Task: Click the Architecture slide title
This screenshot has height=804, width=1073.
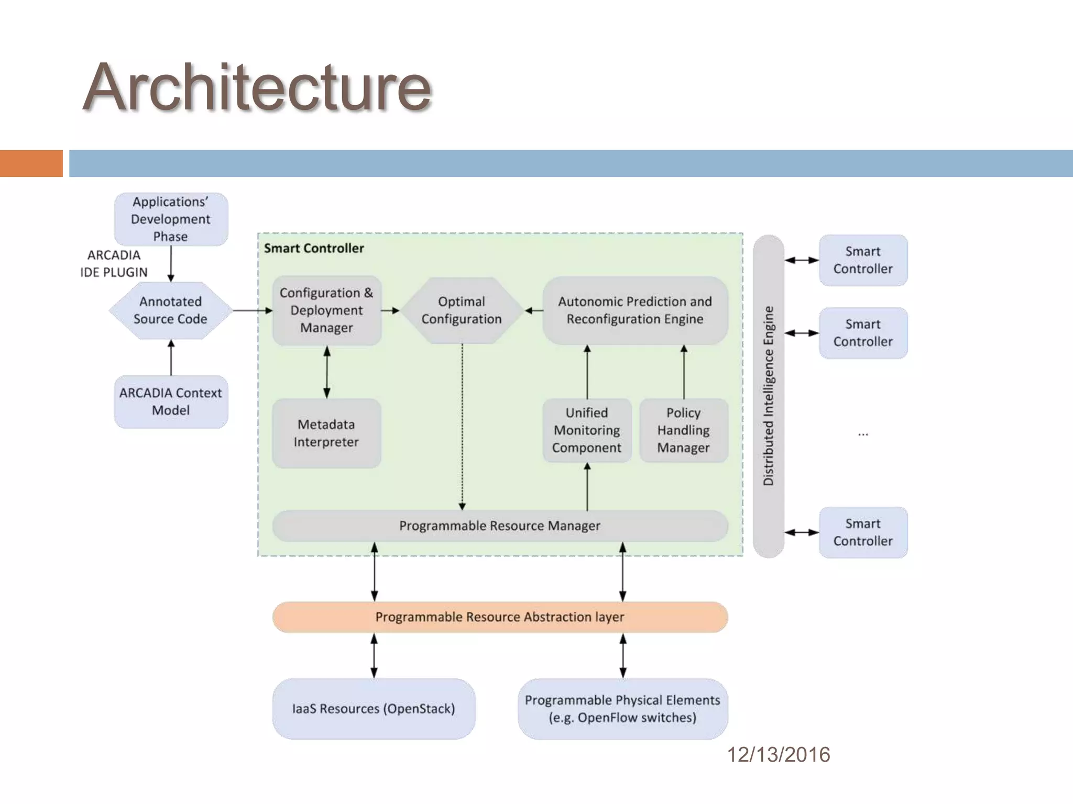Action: [x=257, y=87]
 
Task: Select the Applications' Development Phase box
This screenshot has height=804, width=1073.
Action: [x=171, y=219]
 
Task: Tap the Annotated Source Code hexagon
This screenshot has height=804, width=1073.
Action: [x=171, y=310]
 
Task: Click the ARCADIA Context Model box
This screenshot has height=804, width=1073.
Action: [x=171, y=401]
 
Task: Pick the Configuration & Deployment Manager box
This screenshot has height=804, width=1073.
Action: [x=326, y=310]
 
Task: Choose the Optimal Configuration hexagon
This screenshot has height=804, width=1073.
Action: [x=462, y=310]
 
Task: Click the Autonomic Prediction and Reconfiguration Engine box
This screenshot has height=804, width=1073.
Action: [x=635, y=310]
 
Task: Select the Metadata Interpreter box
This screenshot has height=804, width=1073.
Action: [x=326, y=433]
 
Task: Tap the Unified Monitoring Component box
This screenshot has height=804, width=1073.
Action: [x=587, y=430]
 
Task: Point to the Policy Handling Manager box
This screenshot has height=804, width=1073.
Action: [x=684, y=430]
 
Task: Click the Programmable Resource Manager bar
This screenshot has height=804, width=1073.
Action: [x=500, y=526]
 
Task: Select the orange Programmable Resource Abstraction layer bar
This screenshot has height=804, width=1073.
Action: [x=500, y=617]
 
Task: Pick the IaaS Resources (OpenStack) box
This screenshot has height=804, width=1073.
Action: [x=374, y=709]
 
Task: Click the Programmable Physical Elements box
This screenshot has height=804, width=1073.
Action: [x=622, y=709]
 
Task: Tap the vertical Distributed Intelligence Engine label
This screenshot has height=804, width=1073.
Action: [x=769, y=396]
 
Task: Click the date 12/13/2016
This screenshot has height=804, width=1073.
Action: [x=779, y=755]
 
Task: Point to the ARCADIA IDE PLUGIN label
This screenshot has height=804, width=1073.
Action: [x=114, y=264]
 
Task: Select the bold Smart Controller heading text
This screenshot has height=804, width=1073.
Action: [x=314, y=248]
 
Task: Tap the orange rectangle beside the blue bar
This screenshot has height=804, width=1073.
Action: [x=31, y=163]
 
